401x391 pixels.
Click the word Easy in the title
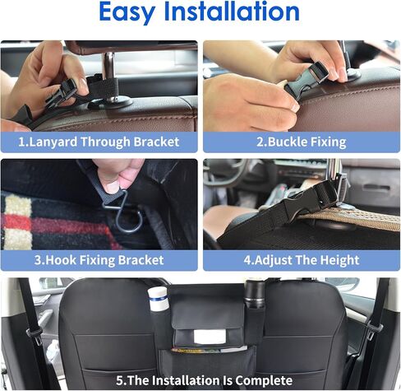pos(127,12)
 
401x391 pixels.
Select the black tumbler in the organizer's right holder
pos(255,294)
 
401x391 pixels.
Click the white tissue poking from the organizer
pos(210,337)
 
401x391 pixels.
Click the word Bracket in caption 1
pos(156,142)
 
